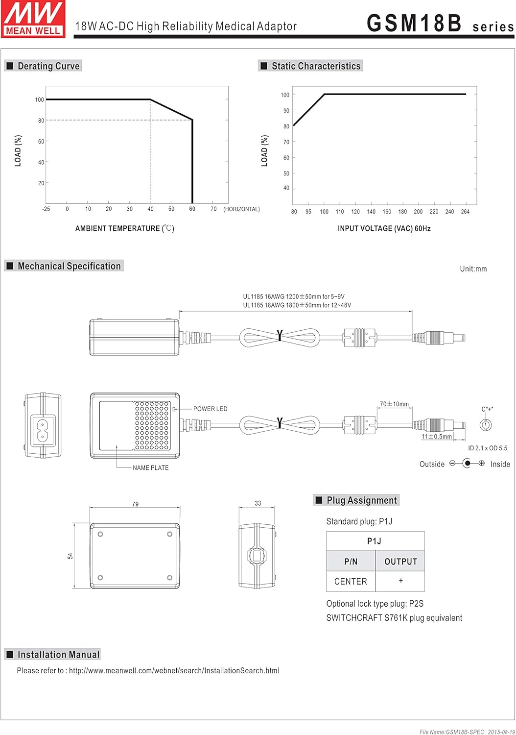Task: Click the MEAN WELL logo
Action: pos(33,19)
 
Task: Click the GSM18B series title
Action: pos(440,24)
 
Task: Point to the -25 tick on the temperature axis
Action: pos(46,209)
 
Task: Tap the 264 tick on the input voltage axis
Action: pos(465,212)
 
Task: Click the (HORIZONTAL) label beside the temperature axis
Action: pos(242,209)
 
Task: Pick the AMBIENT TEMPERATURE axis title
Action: pos(124,228)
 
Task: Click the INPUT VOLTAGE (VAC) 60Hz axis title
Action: pos(384,228)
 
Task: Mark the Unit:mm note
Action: pos(473,269)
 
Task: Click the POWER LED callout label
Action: pos(210,409)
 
